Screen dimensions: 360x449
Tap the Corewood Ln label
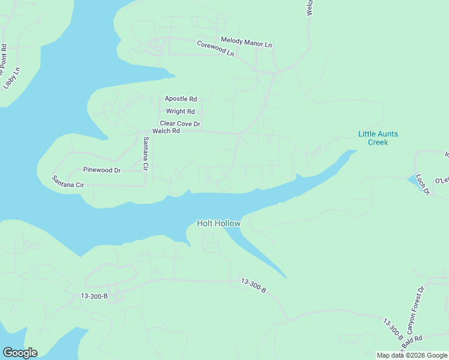(215, 48)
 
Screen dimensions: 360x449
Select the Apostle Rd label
(181, 98)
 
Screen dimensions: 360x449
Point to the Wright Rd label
(180, 112)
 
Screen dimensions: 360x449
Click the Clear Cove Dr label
(179, 124)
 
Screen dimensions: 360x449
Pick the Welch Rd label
(166, 131)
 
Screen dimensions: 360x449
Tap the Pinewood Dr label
(102, 170)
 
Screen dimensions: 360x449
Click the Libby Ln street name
(12, 78)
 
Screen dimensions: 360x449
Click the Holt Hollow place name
(218, 224)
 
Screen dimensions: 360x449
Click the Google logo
(20, 353)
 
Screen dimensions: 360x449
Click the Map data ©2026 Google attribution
(412, 355)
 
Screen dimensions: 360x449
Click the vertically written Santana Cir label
(145, 154)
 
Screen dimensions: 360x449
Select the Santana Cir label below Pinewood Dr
(68, 182)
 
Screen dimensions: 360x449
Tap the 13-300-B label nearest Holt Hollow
(253, 285)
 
